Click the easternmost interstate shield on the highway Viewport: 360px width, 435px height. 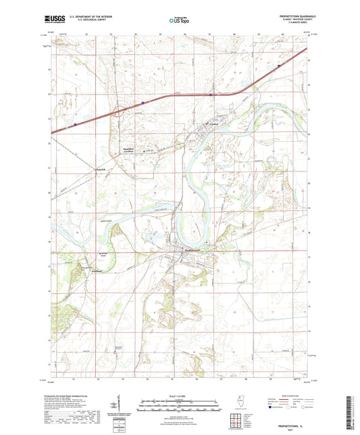pyautogui.click(x=278, y=66)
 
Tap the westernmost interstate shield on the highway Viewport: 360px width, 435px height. pyautogui.click(x=76, y=124)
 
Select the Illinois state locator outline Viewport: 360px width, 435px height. pyautogui.click(x=241, y=403)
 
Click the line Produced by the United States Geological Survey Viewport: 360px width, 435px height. pyautogui.click(x=75, y=396)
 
